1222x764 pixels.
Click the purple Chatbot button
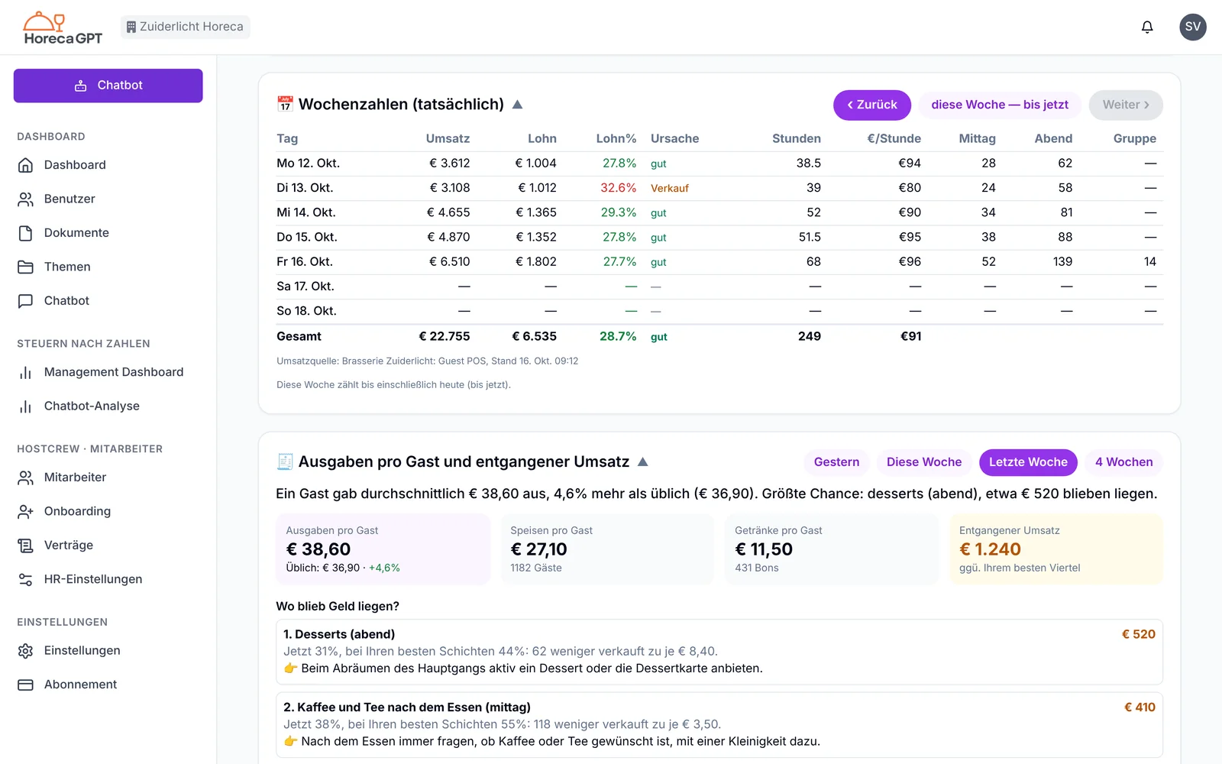tap(108, 85)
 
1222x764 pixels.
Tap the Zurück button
tap(871, 105)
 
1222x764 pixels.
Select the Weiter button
tap(1126, 105)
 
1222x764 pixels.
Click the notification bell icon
tap(1147, 27)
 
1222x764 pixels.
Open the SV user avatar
tap(1192, 27)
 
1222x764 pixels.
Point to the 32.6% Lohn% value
tap(618, 188)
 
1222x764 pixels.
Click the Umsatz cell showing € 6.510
tap(449, 261)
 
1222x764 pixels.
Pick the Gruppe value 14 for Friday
tap(1150, 261)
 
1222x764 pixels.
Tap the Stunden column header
tap(796, 138)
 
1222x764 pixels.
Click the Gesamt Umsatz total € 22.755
tap(444, 336)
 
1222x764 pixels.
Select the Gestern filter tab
tap(836, 462)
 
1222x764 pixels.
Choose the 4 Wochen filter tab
tap(1123, 462)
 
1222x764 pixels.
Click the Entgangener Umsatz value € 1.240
tap(990, 549)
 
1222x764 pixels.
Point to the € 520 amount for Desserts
tap(1138, 634)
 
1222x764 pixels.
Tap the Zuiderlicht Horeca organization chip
tap(186, 27)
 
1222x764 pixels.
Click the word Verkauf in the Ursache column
tap(669, 188)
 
